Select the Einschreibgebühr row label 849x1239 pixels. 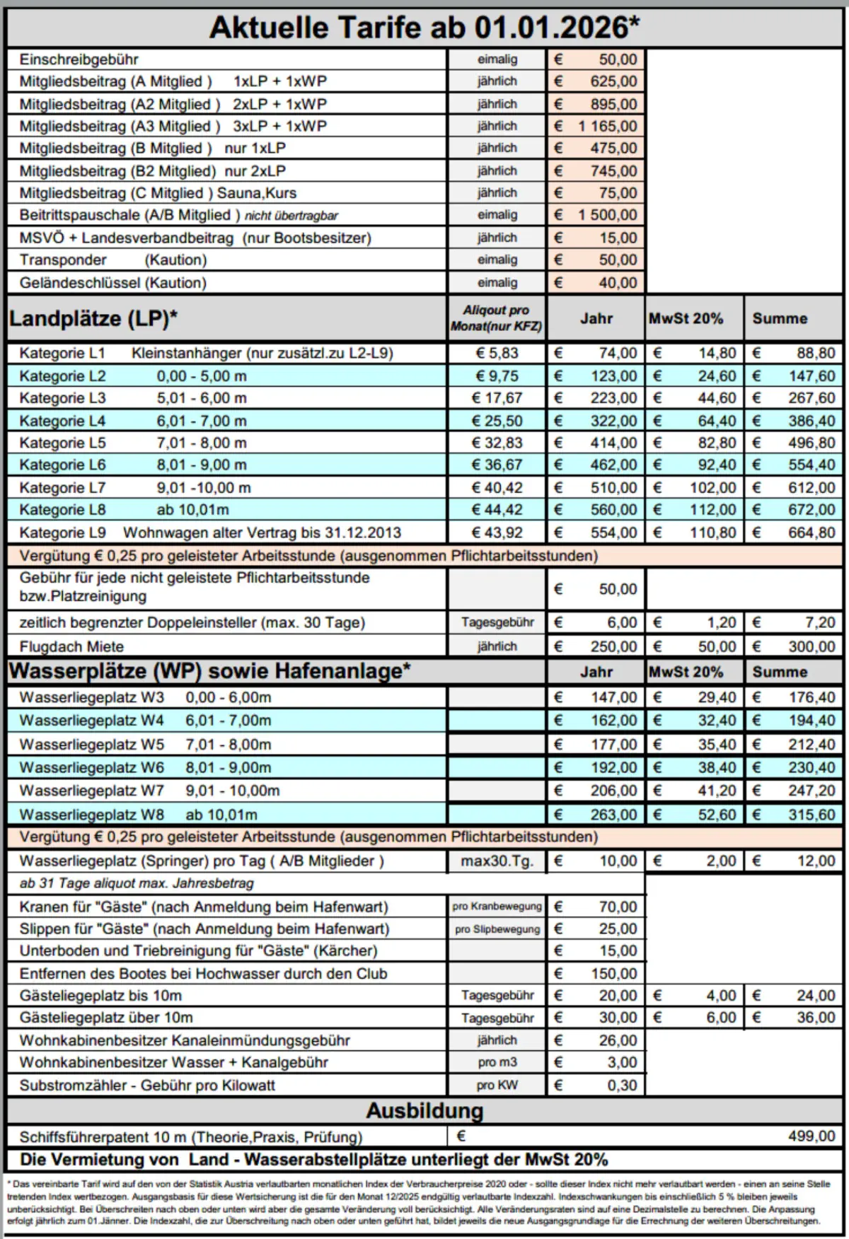(79, 59)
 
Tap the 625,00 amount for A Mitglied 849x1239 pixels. (613, 81)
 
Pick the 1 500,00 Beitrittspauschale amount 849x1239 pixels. (608, 215)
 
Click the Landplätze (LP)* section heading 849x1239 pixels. (93, 319)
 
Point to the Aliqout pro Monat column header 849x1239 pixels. (496, 318)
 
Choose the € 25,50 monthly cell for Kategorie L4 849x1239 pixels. (497, 421)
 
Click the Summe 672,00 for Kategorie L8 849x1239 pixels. (812, 510)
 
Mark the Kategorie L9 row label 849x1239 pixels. (62, 533)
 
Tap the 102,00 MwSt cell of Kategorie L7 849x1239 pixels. (712, 488)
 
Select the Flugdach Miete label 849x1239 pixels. (71, 646)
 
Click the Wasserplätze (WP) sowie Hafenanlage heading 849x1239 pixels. (209, 671)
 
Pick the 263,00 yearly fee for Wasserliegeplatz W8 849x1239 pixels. (613, 815)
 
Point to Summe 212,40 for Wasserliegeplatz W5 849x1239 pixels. (812, 745)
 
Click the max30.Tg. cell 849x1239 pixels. (497, 861)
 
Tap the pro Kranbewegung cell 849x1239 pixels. (497, 907)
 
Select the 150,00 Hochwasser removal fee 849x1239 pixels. (613, 974)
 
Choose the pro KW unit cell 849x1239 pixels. (497, 1086)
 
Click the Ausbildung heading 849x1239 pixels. (424, 1111)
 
